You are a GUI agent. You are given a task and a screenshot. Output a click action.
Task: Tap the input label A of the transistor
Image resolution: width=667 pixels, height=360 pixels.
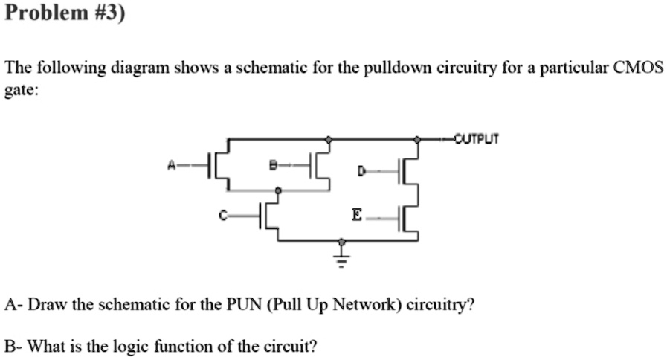click(x=172, y=165)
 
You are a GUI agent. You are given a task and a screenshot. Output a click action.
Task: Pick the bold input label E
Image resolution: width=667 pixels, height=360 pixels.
click(x=357, y=216)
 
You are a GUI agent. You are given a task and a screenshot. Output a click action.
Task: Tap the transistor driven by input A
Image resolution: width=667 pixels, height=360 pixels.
click(x=217, y=165)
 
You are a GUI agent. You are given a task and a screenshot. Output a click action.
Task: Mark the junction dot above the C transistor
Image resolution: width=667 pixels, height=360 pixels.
click(x=278, y=191)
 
